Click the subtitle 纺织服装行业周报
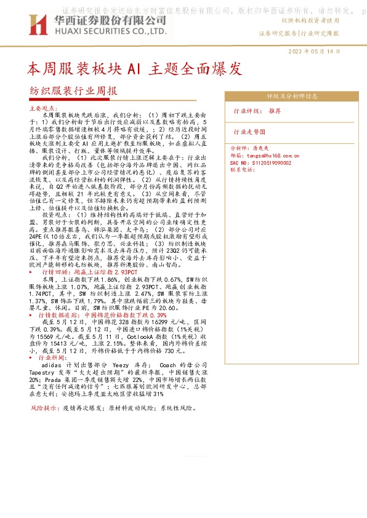click(x=73, y=91)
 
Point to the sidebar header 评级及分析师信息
click(x=292, y=97)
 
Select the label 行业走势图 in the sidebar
click(x=249, y=132)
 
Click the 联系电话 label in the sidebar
click(x=242, y=169)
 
